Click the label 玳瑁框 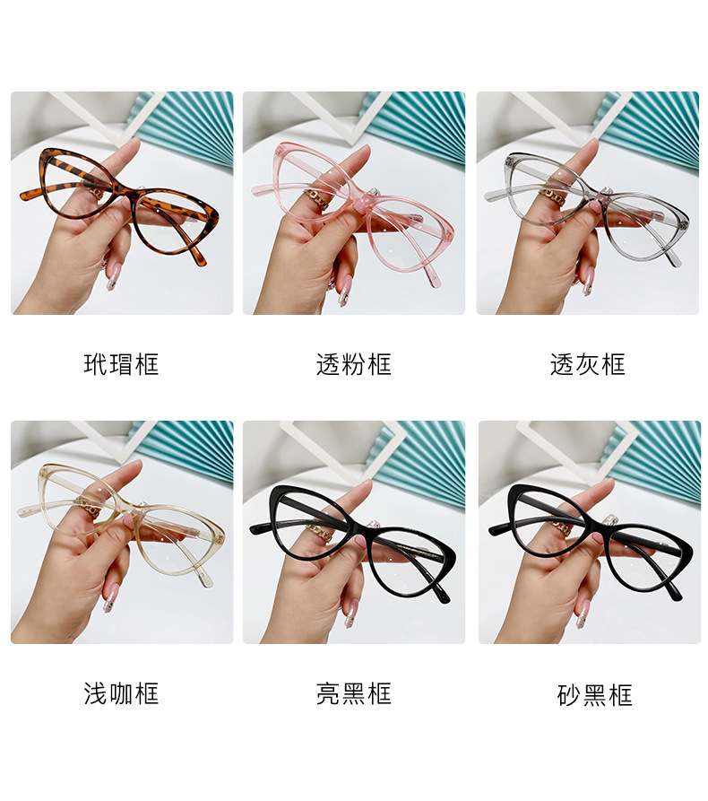[121, 364]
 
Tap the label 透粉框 [354, 364]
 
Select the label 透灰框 [588, 364]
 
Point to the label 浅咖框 [121, 693]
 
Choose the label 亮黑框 [354, 693]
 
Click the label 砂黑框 [595, 695]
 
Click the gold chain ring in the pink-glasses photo [316, 199]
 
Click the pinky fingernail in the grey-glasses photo [587, 280]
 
